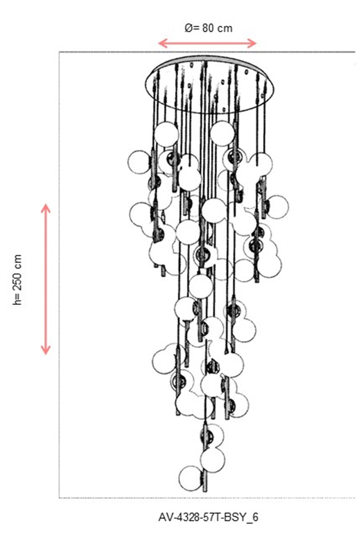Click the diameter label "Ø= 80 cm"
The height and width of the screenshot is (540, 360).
pyautogui.click(x=208, y=28)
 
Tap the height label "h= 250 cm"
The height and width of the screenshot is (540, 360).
pyautogui.click(x=18, y=279)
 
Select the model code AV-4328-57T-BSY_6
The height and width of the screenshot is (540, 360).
pyautogui.click(x=208, y=517)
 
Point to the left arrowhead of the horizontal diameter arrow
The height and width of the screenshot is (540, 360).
pyautogui.click(x=162, y=43)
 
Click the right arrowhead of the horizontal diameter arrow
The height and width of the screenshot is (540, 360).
pyautogui.click(x=252, y=43)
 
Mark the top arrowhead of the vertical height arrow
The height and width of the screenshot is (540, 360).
pyautogui.click(x=45, y=208)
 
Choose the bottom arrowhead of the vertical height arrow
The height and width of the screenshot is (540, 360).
pyautogui.click(x=45, y=350)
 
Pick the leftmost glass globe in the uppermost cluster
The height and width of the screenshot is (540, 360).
pyautogui.click(x=139, y=162)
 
